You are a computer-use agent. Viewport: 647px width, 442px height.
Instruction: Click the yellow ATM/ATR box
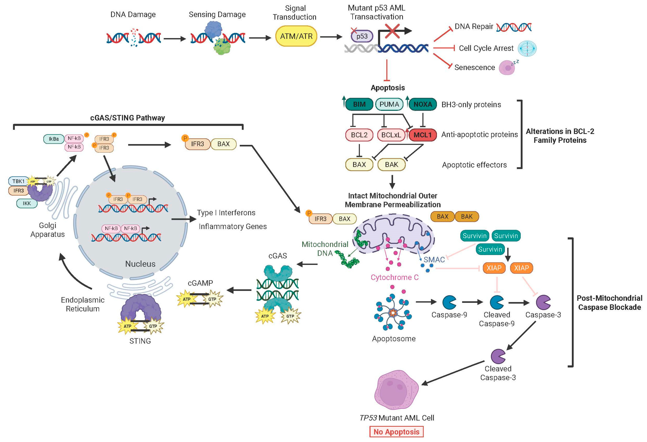click(296, 36)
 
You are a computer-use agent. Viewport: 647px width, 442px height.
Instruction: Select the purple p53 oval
click(362, 36)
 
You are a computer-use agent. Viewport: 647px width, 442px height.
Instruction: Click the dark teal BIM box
click(359, 104)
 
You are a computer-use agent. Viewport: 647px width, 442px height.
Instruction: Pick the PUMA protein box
click(389, 104)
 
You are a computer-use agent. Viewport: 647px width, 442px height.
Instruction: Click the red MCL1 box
click(422, 135)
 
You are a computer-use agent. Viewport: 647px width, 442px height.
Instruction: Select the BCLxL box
click(391, 135)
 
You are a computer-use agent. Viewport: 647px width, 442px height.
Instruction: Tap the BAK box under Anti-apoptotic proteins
click(391, 165)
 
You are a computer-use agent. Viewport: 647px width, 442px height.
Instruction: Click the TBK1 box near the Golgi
click(18, 181)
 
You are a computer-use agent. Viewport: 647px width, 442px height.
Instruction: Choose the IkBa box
click(54, 139)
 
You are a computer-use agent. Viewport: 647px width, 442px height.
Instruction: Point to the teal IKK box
click(27, 203)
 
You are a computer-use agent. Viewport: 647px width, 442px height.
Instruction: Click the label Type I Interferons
click(226, 213)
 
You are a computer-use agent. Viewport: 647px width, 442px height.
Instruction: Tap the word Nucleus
click(140, 264)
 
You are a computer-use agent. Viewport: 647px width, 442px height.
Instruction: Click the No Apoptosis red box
click(396, 432)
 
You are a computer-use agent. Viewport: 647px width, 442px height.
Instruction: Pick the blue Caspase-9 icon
click(449, 302)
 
